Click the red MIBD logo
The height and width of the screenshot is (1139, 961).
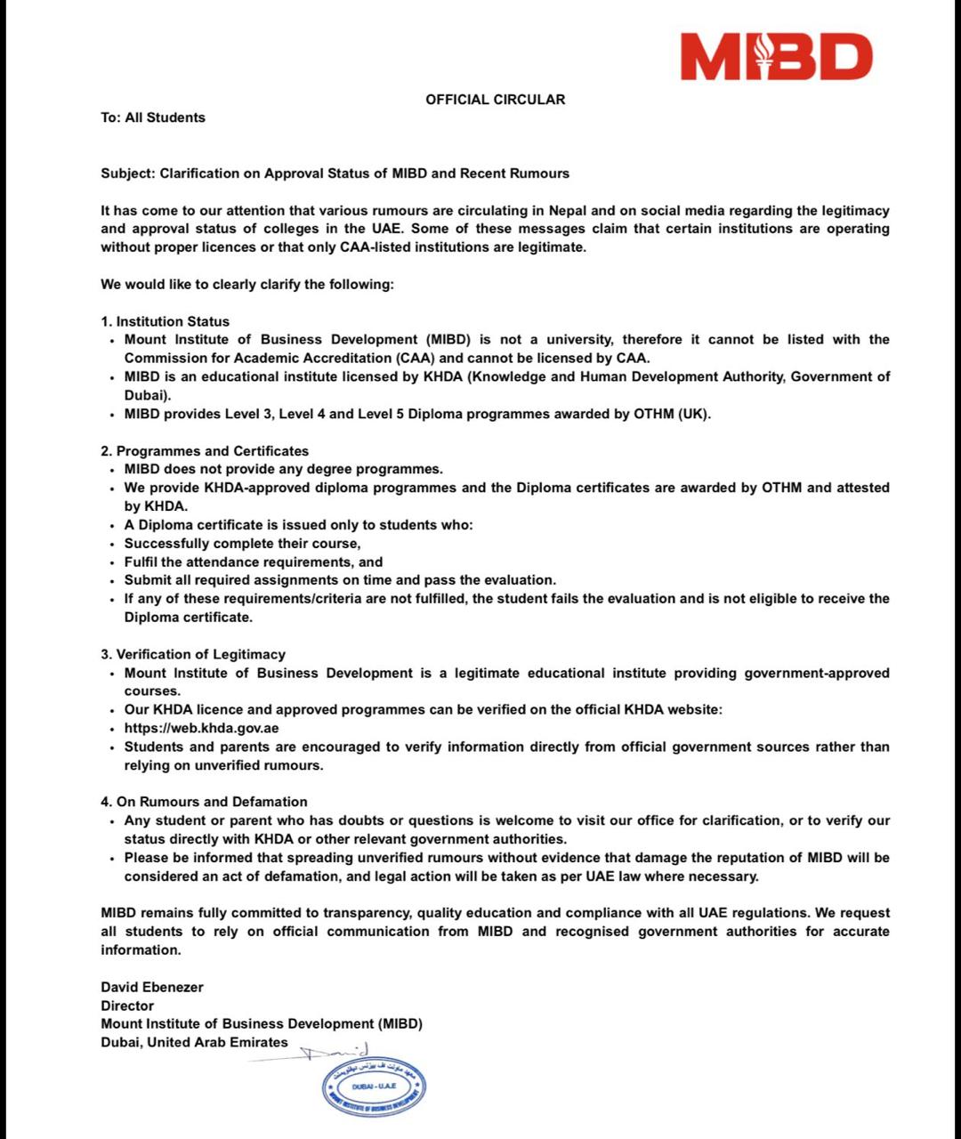(777, 57)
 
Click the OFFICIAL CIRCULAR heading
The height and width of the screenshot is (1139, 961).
(495, 100)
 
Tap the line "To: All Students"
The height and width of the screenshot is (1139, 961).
(153, 117)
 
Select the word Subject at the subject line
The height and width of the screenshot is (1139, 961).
(126, 174)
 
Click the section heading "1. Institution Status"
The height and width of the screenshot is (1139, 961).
(165, 321)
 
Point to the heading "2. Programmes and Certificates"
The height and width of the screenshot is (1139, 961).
(205, 451)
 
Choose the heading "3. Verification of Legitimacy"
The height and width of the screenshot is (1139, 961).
(193, 654)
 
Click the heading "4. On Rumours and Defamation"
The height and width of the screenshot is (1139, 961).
(204, 802)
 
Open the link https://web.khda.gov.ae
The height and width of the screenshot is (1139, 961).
(201, 728)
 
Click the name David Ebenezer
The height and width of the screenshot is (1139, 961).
(152, 987)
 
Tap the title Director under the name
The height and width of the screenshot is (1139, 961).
(127, 1006)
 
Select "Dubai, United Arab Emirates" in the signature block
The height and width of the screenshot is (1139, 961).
(194, 1042)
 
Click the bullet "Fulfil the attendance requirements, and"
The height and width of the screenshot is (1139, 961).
(254, 561)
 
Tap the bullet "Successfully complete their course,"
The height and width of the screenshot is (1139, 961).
(242, 544)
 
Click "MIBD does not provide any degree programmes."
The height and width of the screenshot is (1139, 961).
(283, 469)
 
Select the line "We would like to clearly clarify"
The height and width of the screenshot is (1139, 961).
(246, 285)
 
